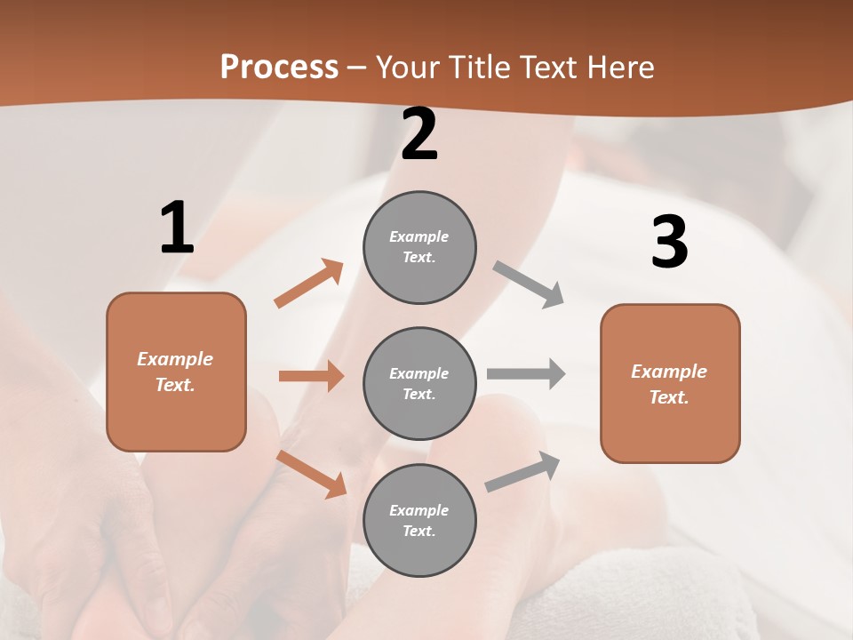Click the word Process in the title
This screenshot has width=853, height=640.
(279, 67)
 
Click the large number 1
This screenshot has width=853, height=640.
(177, 228)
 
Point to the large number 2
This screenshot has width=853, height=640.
(419, 134)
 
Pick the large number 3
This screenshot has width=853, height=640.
(669, 242)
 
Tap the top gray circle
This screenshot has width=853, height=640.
(419, 247)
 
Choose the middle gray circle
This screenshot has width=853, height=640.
(419, 383)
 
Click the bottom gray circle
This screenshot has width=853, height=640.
(419, 520)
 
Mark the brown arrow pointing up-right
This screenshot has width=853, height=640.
(309, 284)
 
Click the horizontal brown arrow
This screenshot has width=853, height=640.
(311, 376)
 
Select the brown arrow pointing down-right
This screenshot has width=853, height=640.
(312, 474)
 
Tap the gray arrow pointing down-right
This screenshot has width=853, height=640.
(529, 284)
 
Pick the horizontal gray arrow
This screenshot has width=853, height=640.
(526, 373)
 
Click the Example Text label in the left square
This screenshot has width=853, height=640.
(175, 372)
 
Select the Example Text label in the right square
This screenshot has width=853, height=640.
(669, 384)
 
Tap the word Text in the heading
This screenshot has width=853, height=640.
(550, 67)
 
